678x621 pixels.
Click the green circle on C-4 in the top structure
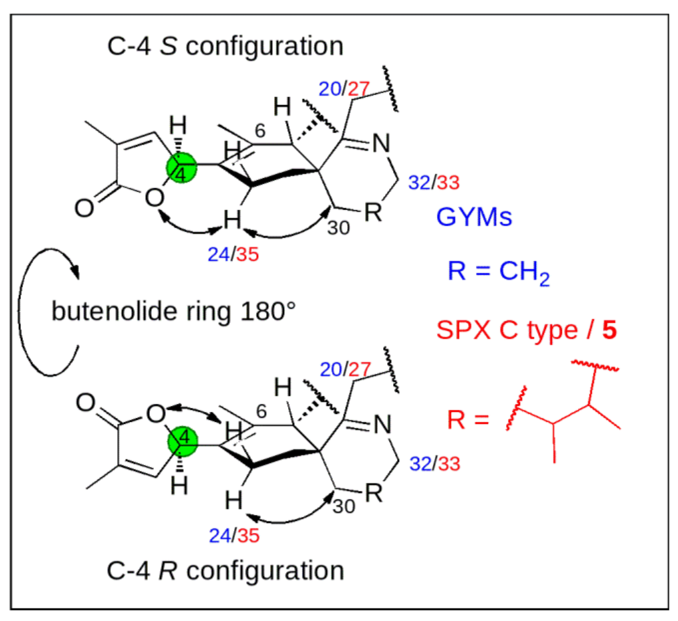181,168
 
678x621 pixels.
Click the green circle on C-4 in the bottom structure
182,441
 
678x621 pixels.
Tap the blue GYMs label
474,217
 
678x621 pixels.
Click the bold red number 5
609,330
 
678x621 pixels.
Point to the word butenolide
114,311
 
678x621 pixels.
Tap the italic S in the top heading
168,46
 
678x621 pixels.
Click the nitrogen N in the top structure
381,143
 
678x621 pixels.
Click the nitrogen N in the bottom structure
382,425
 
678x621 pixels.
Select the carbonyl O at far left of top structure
84,208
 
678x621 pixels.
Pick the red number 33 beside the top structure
448,182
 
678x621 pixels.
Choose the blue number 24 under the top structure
219,254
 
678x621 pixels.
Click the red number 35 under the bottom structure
248,535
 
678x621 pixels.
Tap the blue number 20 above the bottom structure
331,369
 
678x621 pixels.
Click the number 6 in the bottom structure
261,411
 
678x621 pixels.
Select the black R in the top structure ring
373,212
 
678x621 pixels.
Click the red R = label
468,420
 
